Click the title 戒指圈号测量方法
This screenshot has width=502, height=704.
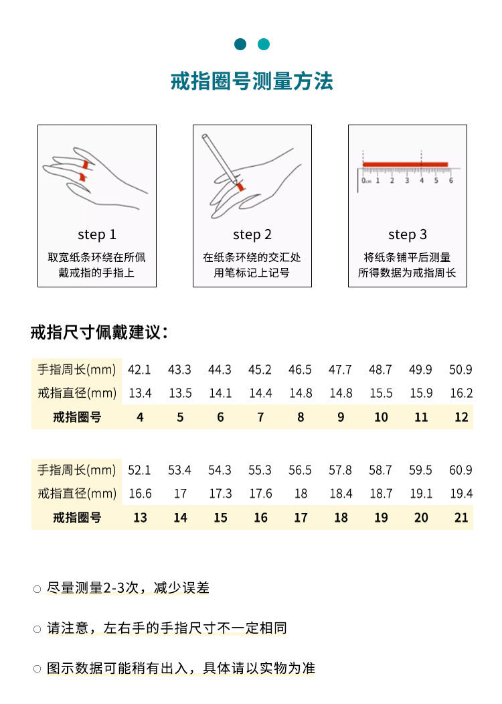point(252,82)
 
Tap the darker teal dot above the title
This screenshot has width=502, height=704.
point(240,44)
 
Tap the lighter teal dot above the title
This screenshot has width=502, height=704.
point(264,44)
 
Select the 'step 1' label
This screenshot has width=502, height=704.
point(96,234)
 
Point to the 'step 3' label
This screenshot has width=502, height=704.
point(407,234)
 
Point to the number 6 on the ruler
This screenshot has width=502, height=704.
point(451,180)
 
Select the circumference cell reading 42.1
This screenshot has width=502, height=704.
point(139,370)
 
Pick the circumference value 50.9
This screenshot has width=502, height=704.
point(461,370)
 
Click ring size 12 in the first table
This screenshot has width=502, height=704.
point(461,417)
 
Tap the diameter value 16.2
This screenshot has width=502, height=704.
point(461,393)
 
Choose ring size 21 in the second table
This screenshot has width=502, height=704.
point(461,518)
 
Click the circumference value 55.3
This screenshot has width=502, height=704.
point(260,470)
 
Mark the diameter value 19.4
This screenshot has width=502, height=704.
point(461,494)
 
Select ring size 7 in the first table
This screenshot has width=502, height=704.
point(260,417)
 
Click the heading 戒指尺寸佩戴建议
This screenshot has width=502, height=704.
point(99,332)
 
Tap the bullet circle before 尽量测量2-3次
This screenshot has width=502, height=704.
point(37,589)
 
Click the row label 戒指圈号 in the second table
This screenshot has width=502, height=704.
point(77,518)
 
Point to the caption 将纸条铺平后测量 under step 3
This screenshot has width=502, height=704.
point(407,257)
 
